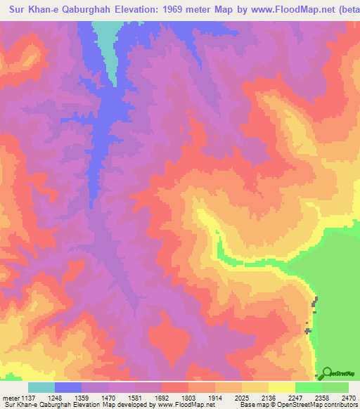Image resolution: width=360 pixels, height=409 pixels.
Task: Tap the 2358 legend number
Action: click(328, 397)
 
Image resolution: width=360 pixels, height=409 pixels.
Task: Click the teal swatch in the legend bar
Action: click(41, 387)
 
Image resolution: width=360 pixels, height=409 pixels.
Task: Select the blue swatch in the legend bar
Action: click(68, 387)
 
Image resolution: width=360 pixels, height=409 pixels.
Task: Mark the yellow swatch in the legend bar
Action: click(282, 387)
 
